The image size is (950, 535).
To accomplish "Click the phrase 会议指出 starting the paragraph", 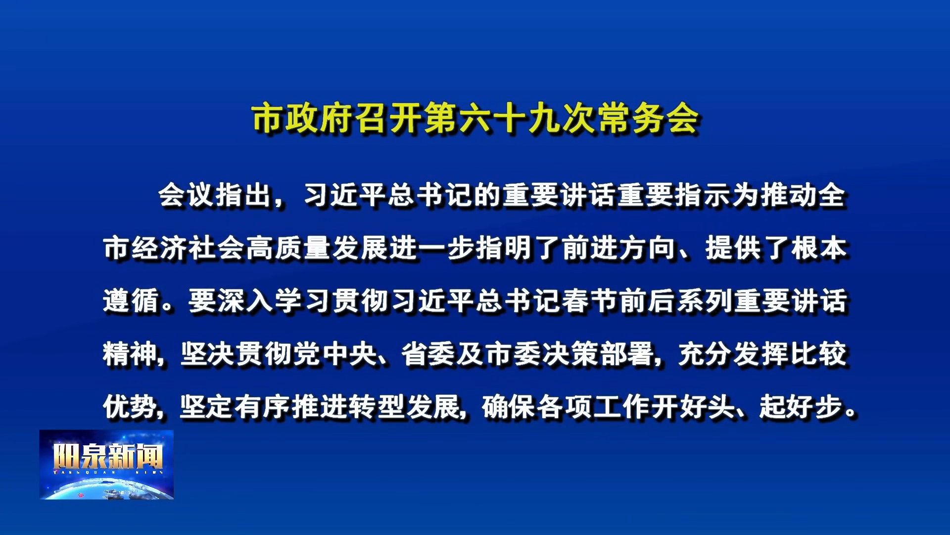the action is [x=215, y=195].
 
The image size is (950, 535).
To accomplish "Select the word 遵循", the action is [x=131, y=301].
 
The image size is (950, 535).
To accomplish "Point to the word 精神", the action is [x=131, y=354].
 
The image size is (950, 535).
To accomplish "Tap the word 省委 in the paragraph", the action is [x=429, y=354].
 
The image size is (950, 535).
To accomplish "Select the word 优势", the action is [x=131, y=407].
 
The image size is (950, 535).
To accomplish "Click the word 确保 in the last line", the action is [x=509, y=407].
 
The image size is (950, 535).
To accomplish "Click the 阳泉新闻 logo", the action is [x=106, y=464].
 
